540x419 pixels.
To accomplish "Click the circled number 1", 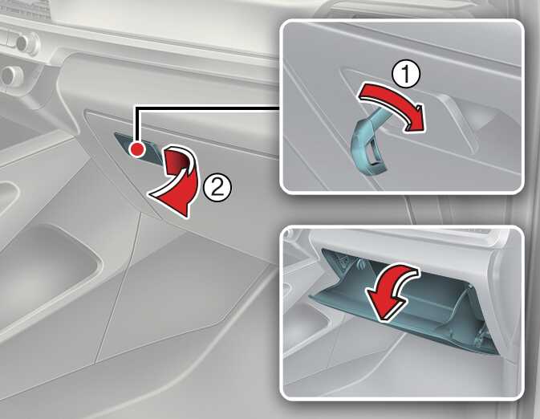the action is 406,74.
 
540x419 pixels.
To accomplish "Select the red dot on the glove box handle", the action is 136,149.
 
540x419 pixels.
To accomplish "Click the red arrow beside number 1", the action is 392,104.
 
